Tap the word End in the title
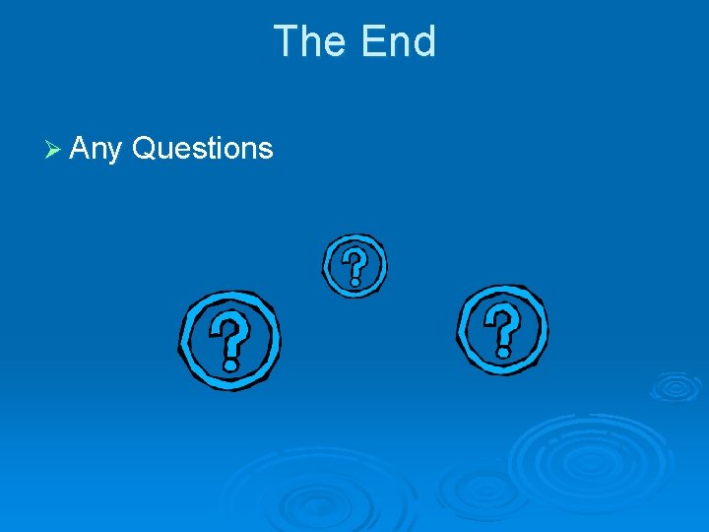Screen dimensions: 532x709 [x=398, y=42]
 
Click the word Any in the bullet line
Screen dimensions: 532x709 [x=96, y=150]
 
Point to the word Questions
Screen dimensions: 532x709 [x=202, y=149]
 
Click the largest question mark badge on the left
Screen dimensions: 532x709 [x=229, y=339]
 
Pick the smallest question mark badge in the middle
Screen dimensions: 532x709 [x=354, y=265]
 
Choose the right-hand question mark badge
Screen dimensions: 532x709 [x=502, y=329]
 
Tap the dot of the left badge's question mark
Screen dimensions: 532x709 [x=231, y=364]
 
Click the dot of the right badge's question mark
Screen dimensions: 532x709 [x=503, y=350]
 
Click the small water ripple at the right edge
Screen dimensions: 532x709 [x=676, y=386]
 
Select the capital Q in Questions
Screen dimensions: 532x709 [x=143, y=149]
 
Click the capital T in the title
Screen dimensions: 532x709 [x=285, y=42]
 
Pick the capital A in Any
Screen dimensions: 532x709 [x=81, y=149]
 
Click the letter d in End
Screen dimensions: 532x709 [x=424, y=42]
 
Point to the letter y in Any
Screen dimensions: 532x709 [x=114, y=152]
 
